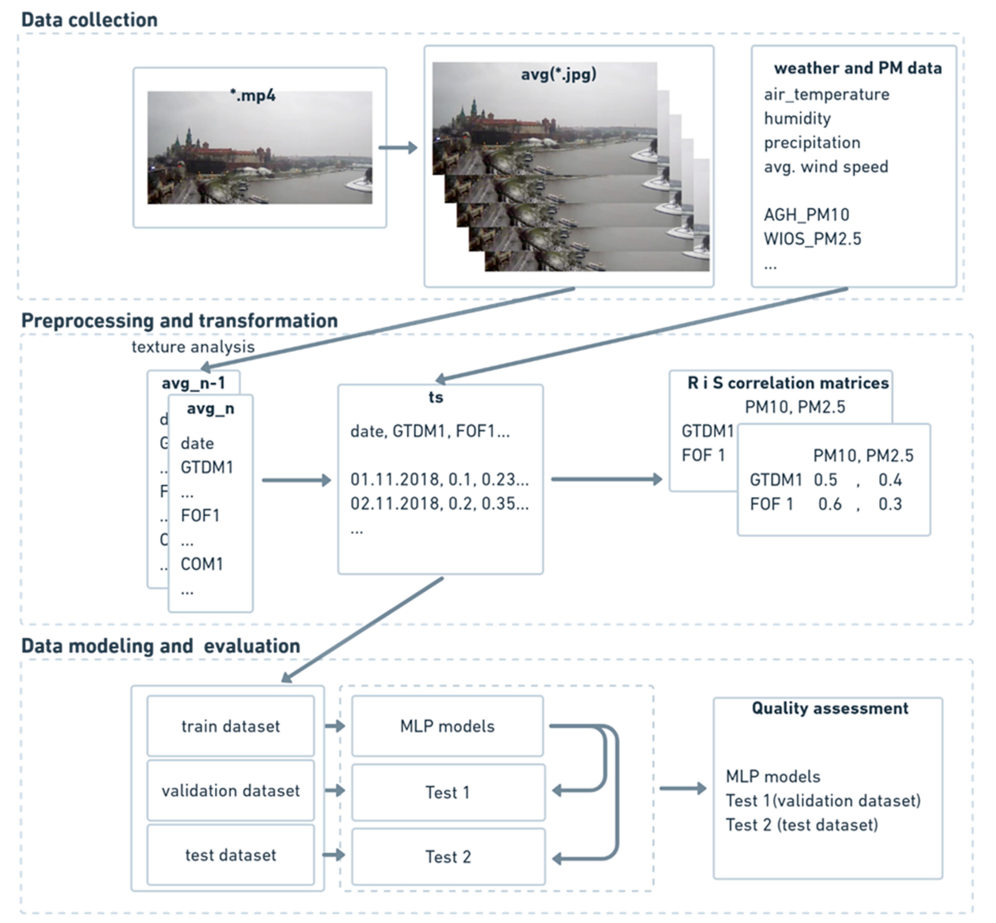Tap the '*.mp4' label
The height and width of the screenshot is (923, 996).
tap(253, 95)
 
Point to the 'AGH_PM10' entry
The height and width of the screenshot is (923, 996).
tap(806, 215)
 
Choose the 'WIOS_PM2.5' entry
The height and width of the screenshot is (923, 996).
tap(812, 239)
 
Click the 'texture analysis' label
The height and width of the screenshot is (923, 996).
tap(193, 347)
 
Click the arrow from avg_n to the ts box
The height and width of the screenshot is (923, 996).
tap(296, 480)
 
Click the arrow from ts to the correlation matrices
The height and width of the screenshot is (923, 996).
tap(606, 479)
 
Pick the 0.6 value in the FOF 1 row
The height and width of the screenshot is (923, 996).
tap(830, 504)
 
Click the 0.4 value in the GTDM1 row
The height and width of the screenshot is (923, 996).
tap(890, 480)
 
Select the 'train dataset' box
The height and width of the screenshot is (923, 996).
tap(231, 726)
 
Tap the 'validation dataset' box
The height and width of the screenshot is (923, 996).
tap(231, 790)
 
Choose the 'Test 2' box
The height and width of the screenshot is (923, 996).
tap(448, 857)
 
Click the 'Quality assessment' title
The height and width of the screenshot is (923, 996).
tap(830, 708)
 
